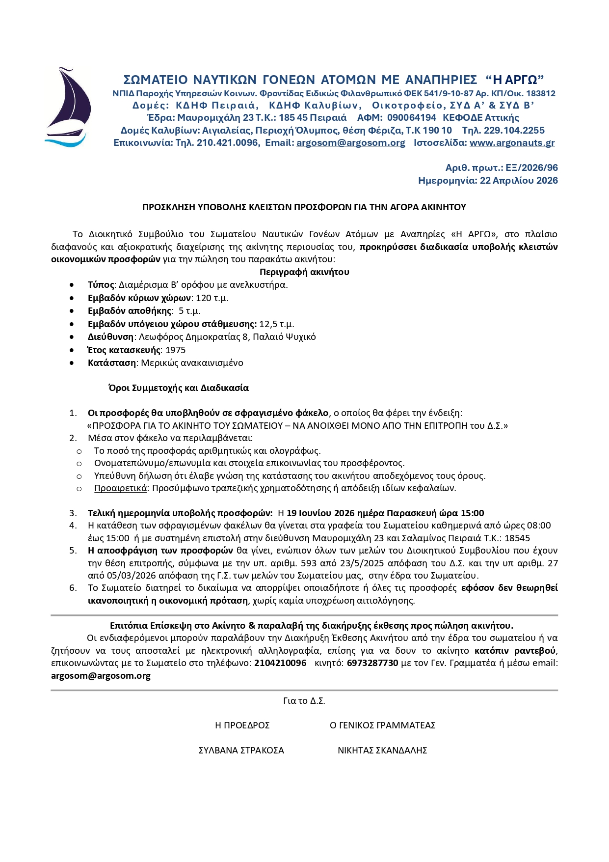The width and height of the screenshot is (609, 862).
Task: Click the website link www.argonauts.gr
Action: click(x=512, y=143)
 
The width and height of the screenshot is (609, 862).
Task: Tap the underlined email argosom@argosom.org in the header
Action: click(x=350, y=143)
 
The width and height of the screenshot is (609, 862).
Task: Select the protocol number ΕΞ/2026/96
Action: click(x=531, y=168)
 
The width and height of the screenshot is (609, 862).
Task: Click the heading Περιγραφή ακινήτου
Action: click(x=304, y=272)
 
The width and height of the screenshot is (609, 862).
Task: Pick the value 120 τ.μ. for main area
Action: click(x=212, y=298)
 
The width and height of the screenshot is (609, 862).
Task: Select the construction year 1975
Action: click(x=175, y=350)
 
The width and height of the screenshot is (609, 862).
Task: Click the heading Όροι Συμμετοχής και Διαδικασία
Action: click(x=179, y=388)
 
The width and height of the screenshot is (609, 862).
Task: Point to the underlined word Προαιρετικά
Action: click(x=121, y=488)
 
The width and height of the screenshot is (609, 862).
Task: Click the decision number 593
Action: click(x=308, y=563)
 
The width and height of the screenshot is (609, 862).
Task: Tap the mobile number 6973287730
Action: click(x=372, y=663)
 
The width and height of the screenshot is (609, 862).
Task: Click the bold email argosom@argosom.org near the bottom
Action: click(x=101, y=676)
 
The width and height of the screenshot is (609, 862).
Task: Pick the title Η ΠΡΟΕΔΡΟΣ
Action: click(x=242, y=725)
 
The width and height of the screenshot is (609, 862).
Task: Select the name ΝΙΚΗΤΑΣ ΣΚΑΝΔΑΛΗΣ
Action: click(x=382, y=751)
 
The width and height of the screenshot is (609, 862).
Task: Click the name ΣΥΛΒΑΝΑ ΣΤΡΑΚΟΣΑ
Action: click(x=241, y=751)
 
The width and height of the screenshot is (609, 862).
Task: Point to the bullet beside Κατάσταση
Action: click(x=73, y=363)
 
